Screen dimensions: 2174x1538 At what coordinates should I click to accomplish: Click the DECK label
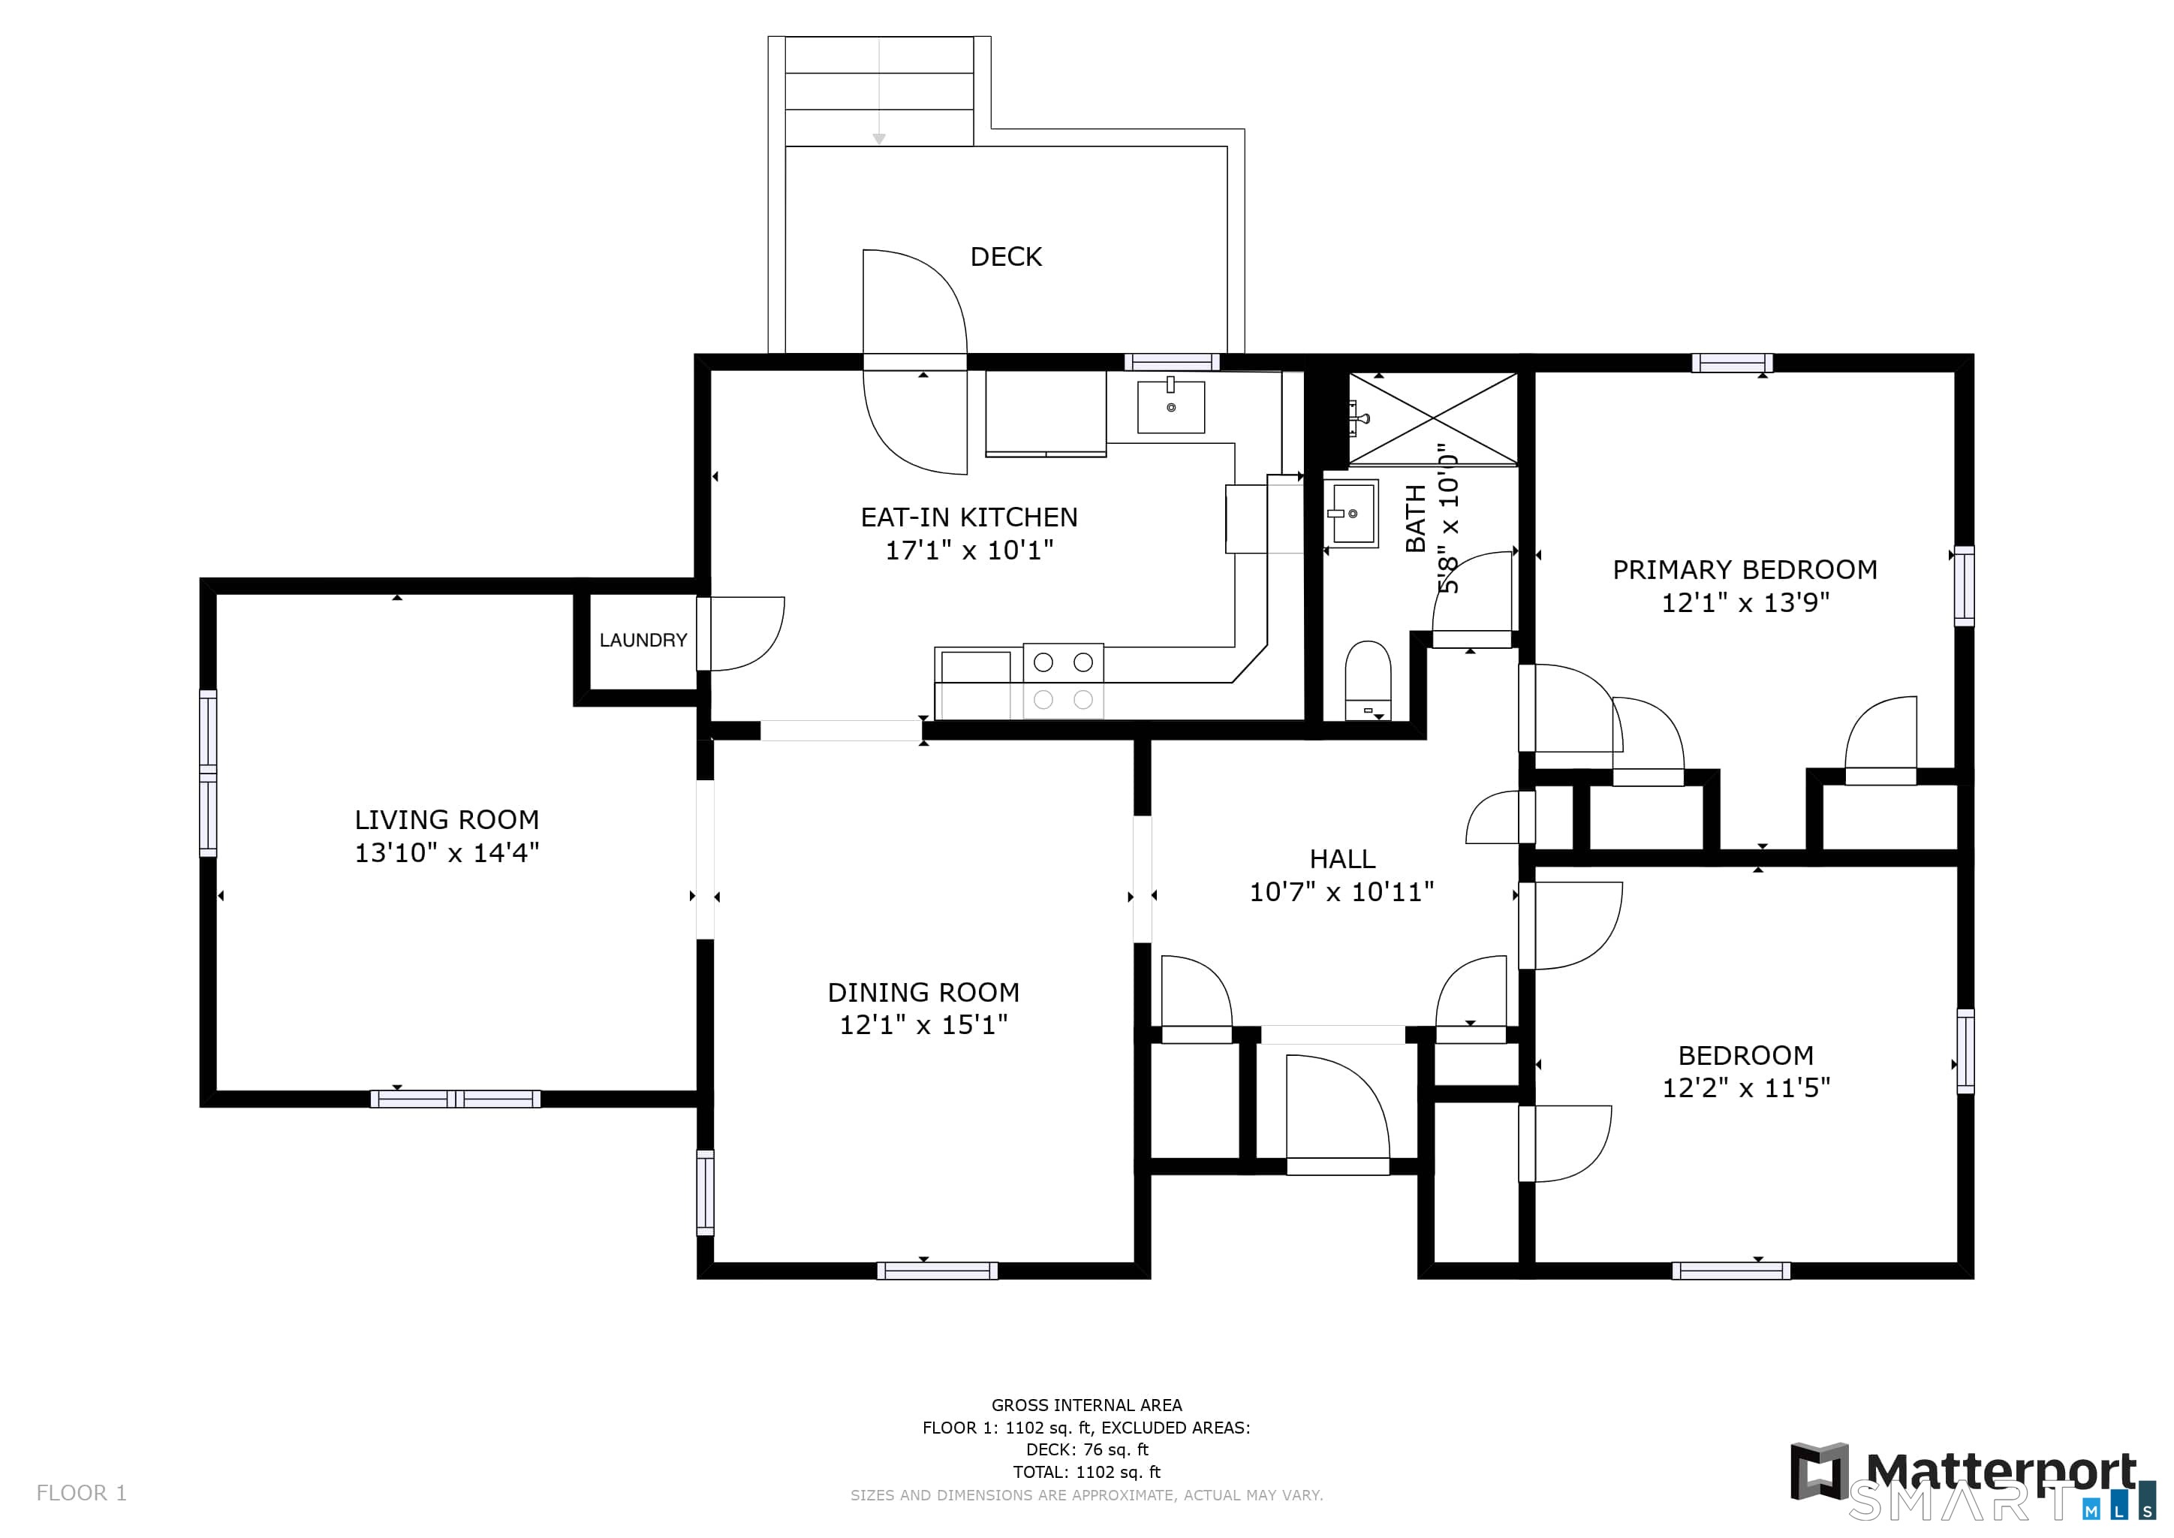[x=1006, y=257]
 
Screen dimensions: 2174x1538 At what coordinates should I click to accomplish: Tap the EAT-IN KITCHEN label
[x=968, y=517]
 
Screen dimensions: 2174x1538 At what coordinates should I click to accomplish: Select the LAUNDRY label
[x=643, y=640]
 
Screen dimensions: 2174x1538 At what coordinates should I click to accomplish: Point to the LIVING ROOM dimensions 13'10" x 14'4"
[x=447, y=852]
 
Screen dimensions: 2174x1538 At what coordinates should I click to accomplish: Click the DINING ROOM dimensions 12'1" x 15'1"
[x=923, y=1024]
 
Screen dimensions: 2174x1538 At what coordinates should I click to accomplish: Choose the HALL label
[x=1341, y=859]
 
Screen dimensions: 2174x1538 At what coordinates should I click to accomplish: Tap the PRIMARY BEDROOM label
[x=1744, y=569]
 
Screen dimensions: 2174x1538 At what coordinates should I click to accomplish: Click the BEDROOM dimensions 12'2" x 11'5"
[x=1746, y=1087]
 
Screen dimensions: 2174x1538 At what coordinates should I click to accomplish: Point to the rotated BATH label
[x=1416, y=518]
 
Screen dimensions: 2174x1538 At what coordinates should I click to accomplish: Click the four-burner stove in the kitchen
[x=1063, y=682]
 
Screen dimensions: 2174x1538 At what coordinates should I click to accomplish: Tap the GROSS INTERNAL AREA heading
[x=1086, y=1405]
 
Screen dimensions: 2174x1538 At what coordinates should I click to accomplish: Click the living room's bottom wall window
[x=456, y=1099]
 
